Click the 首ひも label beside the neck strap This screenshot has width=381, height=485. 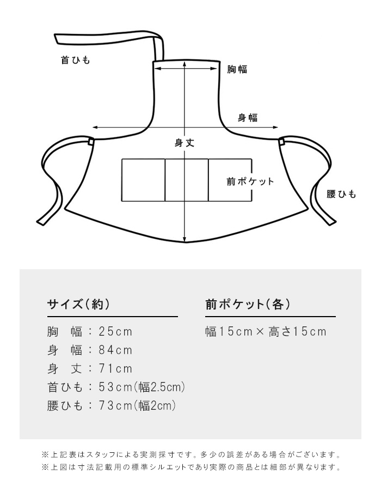76,60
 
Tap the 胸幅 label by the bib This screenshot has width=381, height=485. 237,69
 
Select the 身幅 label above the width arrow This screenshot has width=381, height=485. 248,118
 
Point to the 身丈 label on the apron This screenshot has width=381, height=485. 185,143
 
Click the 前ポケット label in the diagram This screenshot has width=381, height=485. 250,181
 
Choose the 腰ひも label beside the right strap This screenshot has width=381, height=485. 341,194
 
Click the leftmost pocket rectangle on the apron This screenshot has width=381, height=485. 143,180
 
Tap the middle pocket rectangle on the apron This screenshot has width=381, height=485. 187,180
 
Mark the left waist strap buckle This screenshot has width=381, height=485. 91,142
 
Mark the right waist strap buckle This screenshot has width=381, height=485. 281,142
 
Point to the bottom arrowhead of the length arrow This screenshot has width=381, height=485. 185,239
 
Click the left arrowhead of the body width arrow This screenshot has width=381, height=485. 95,127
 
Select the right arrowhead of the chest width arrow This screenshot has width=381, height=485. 214,68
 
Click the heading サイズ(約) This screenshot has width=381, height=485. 78,305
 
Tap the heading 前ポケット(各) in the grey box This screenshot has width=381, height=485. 248,305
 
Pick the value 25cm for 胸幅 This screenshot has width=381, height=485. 115,331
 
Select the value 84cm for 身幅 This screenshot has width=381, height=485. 115,350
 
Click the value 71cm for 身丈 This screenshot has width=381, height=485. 115,369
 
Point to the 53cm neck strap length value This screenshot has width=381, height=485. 115,387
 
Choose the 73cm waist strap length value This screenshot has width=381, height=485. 115,405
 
